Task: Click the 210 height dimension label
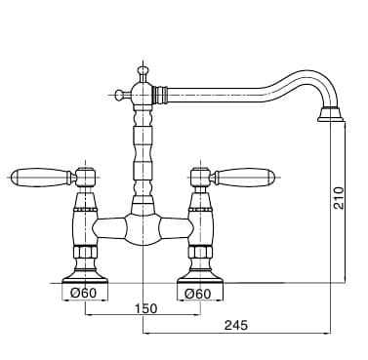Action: (x=339, y=198)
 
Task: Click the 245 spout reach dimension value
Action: (x=236, y=325)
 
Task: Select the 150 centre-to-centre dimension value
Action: (x=145, y=308)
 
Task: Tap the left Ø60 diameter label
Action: (x=84, y=294)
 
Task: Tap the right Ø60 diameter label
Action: (x=198, y=294)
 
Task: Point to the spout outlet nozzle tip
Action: (x=331, y=114)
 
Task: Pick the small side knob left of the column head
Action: (x=120, y=95)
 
